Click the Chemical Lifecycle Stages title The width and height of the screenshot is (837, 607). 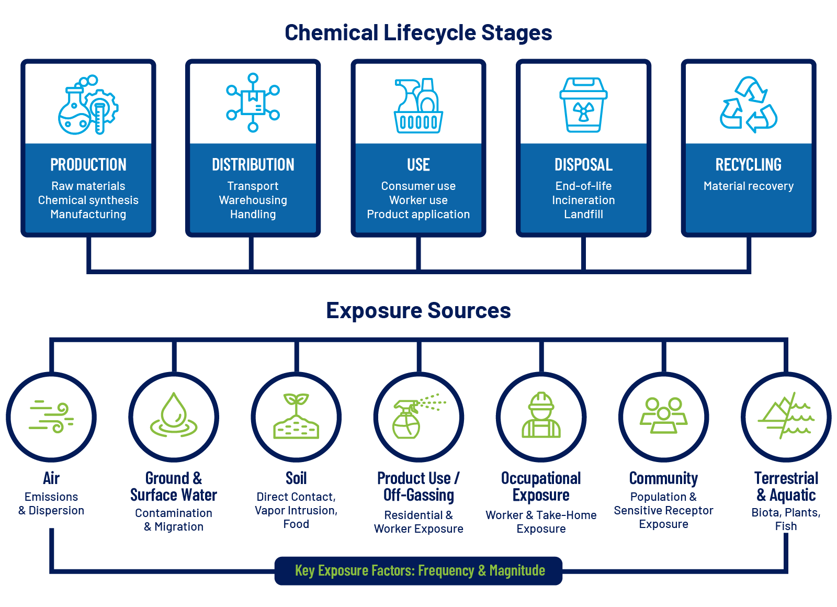418,32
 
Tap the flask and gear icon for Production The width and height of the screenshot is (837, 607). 88,105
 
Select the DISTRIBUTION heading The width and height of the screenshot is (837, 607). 253,165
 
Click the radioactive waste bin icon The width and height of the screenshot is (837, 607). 583,105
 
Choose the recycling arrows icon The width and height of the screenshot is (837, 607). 749,105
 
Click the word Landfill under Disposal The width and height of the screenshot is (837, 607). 583,215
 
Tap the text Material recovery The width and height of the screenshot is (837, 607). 749,186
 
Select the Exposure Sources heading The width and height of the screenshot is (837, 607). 418,310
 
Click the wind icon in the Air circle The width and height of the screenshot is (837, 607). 51,417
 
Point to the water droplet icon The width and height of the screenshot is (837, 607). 174,415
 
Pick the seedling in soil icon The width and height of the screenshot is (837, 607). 296,417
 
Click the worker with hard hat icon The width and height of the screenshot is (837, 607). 541,415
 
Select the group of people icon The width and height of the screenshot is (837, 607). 663,415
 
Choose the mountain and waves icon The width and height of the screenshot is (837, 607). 786,416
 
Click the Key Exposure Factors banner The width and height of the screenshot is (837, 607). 418,570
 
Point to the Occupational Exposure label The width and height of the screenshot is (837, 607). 541,487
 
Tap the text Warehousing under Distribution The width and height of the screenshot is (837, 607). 253,200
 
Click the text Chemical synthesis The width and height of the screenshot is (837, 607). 88,200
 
